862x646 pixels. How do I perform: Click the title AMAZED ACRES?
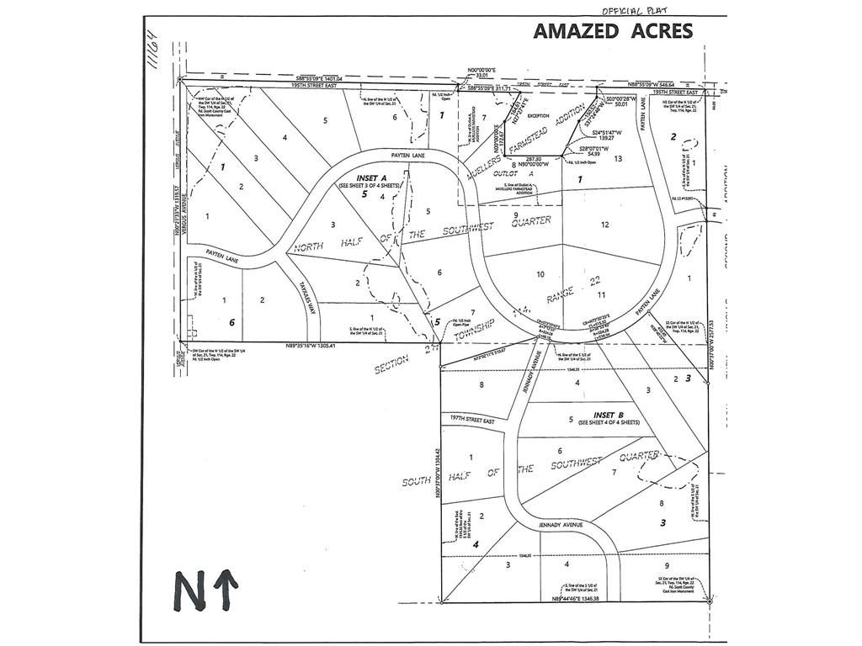613,31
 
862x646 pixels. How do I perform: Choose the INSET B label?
608,415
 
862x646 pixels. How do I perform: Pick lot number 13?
618,158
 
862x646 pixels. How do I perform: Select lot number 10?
540,273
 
